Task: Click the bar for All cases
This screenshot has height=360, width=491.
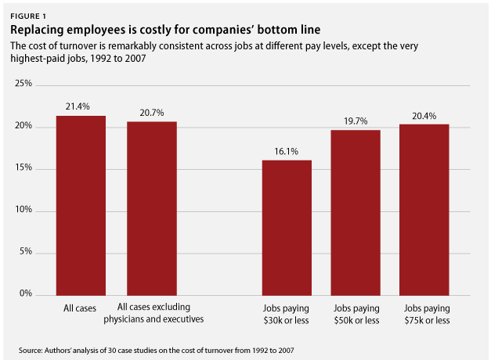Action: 81,206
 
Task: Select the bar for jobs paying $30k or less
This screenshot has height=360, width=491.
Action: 287,228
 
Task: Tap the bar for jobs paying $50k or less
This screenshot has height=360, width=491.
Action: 356,213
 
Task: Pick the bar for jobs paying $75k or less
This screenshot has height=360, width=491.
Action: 424,210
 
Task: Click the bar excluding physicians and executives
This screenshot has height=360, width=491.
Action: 152,208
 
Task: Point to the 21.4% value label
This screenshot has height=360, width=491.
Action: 78,106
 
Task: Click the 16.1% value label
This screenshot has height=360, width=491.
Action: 286,152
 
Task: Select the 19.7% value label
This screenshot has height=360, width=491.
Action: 356,121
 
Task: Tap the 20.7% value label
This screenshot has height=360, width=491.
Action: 152,113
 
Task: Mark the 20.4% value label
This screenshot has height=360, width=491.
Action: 424,116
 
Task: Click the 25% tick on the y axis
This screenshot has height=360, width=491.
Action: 23,83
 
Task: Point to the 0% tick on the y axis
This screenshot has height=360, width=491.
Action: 26,293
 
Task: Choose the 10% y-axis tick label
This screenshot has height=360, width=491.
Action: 23,210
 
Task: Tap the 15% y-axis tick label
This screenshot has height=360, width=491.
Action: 23,167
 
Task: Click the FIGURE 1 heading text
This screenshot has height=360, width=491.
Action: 28,16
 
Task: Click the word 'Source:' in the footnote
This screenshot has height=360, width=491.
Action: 31,351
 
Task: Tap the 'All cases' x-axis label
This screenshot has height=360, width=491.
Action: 80,308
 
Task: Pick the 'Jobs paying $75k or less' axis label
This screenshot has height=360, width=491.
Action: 427,315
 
